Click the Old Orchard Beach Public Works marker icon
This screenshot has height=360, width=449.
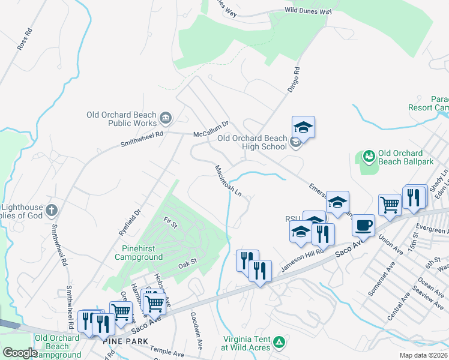(166, 116)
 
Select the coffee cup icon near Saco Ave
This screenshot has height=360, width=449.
(363, 226)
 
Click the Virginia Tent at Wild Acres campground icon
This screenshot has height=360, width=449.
(279, 342)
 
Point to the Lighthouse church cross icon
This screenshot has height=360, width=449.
(52, 210)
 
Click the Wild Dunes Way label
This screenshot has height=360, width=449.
(309, 11)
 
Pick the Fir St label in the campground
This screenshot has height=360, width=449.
(170, 224)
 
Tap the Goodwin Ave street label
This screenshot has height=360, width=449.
(196, 331)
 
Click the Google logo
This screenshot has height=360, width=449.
(20, 352)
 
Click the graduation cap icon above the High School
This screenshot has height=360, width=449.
(304, 127)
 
